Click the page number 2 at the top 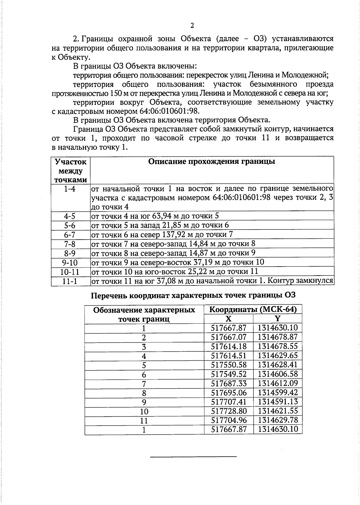[x=192, y=25]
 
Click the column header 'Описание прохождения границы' [x=212, y=162]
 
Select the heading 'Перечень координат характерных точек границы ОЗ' [x=193, y=295]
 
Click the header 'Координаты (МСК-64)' [x=253, y=309]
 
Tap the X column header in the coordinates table [x=228, y=319]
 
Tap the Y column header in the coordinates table [x=277, y=319]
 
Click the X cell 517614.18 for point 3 [x=229, y=347]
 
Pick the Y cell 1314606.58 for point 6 [x=277, y=374]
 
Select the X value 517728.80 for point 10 [x=229, y=411]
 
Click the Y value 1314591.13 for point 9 [x=277, y=402]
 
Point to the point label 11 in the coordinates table [x=144, y=421]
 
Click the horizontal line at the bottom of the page [x=193, y=456]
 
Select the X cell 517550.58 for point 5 [x=229, y=365]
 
